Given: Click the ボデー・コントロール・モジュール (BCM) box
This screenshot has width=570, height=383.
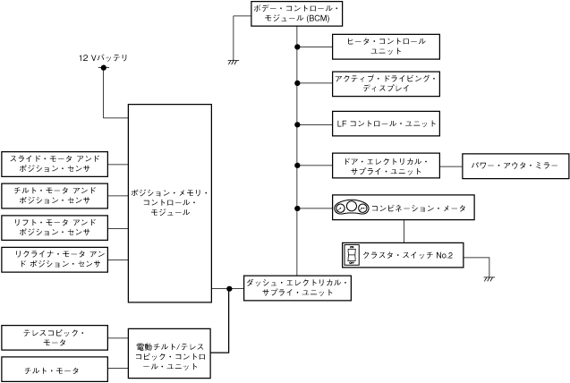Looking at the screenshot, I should tap(296, 13).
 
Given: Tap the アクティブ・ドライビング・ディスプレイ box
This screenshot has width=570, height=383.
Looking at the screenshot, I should tap(386, 84).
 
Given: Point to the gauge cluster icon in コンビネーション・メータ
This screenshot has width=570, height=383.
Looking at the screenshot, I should tap(352, 209).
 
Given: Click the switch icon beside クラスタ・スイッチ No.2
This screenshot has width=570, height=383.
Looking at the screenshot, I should tap(352, 256).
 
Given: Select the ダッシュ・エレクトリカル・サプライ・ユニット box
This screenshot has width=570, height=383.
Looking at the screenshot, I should tap(296, 287).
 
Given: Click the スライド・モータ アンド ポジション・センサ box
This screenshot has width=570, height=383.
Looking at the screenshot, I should tap(54, 163).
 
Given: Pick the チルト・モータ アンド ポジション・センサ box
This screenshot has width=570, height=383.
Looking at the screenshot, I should tap(54, 195).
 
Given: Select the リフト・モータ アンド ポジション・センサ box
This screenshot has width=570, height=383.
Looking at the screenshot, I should tap(54, 226).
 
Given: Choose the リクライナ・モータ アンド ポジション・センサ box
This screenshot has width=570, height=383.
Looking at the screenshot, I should tap(54, 259).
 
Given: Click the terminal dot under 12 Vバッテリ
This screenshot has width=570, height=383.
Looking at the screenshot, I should tap(103, 69).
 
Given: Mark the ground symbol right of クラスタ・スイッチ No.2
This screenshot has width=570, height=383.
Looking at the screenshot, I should tap(489, 278).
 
